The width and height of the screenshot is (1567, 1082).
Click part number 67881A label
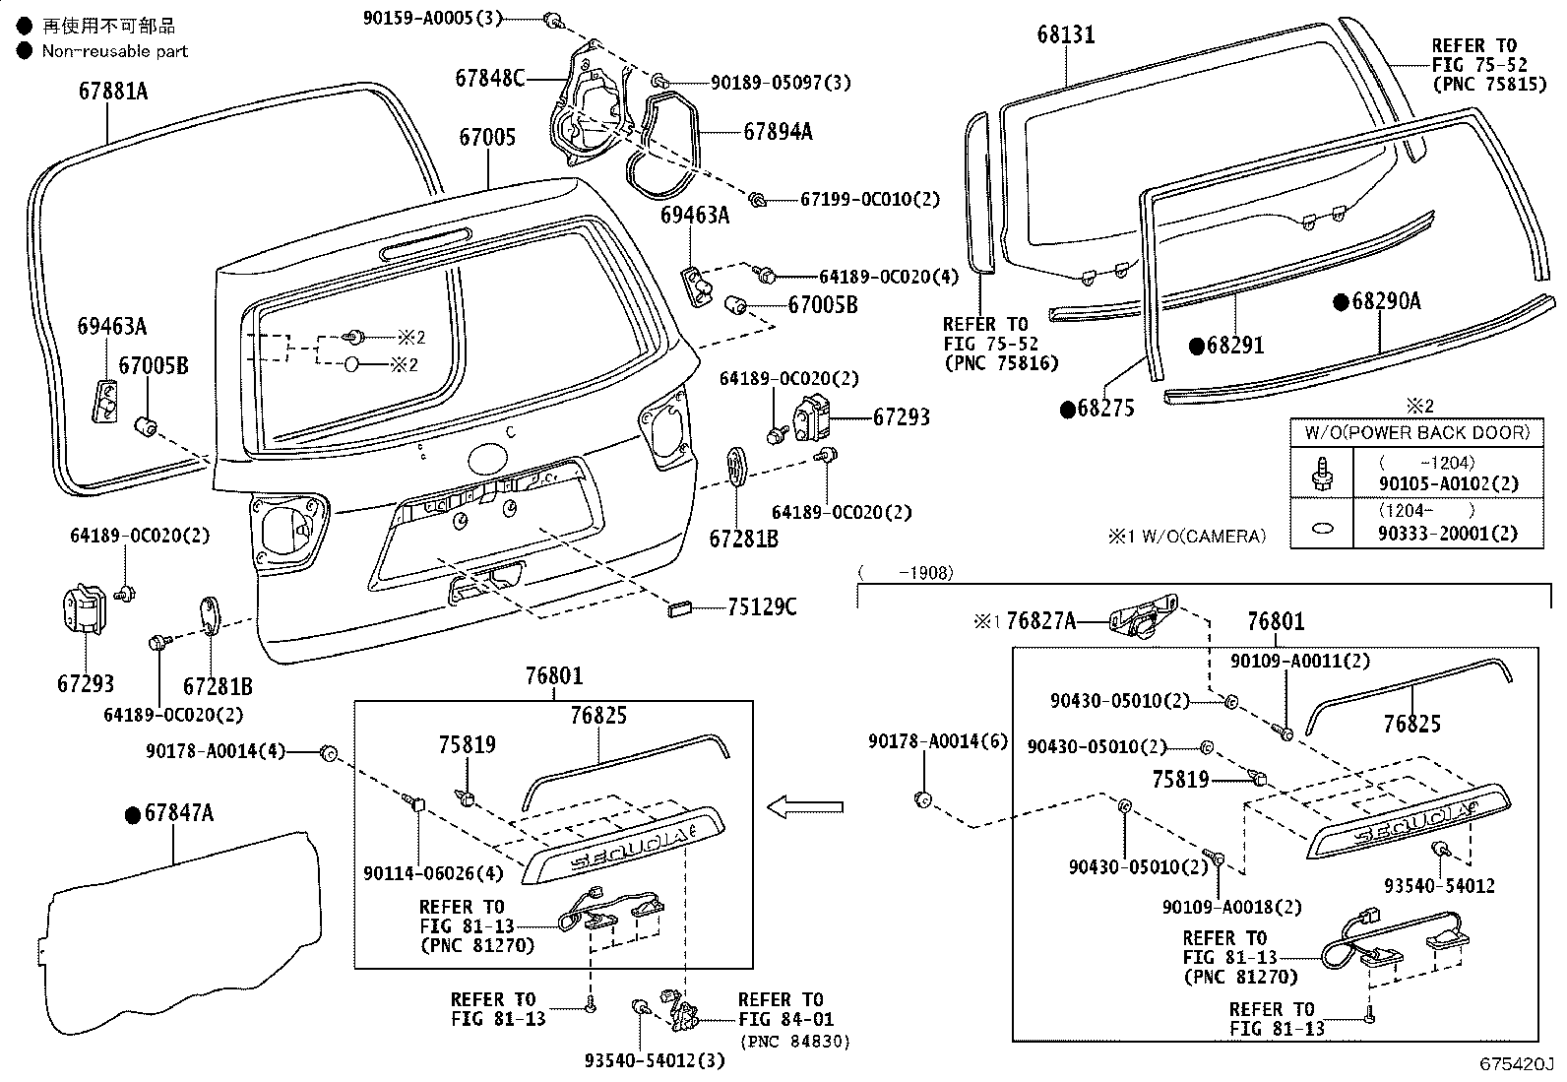[x=113, y=92]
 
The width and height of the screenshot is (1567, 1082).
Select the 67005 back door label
[x=486, y=136]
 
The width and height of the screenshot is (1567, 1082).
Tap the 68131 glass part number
[x=1065, y=35]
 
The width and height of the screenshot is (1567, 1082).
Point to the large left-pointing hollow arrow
[x=805, y=808]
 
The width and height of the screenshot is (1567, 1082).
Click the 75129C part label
[x=762, y=607]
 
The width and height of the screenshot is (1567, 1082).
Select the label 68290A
[x=1386, y=302]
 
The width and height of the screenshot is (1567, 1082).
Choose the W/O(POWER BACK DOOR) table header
[x=1417, y=432]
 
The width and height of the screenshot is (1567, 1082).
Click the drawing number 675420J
[x=1516, y=1065]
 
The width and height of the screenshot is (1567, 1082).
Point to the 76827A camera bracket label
[x=1041, y=621]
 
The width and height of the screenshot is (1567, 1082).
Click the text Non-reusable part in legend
[x=114, y=51]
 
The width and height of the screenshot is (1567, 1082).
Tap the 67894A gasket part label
[x=778, y=131]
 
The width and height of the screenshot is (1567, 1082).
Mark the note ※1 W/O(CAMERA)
[x=1186, y=537]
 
